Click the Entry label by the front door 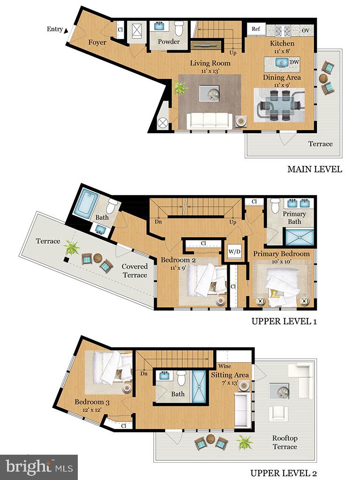tap(54, 29)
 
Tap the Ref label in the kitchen tap(256, 29)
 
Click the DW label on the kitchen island tap(294, 62)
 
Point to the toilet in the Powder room tap(179, 28)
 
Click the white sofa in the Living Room tap(210, 120)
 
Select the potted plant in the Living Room tap(180, 88)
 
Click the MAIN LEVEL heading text tap(315, 169)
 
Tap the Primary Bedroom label tap(281, 254)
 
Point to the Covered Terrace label tap(135, 270)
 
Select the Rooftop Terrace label tap(285, 442)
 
